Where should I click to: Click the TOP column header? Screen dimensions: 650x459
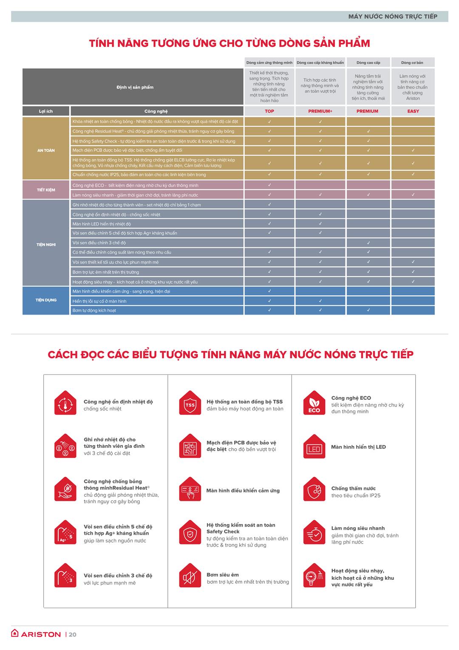pyautogui.click(x=269, y=111)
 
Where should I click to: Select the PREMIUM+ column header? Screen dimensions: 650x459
pyautogui.click(x=320, y=111)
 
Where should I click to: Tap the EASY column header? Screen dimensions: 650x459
pyautogui.click(x=413, y=111)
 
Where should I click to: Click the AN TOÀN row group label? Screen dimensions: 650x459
pyautogui.click(x=46, y=150)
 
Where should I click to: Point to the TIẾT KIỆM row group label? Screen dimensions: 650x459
pyautogui.click(x=46, y=190)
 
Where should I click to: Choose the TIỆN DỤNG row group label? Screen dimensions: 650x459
pyautogui.click(x=46, y=300)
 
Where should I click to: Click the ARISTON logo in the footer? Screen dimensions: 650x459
pyautogui.click(x=36, y=634)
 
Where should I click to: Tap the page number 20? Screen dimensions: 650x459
pyautogui.click(x=73, y=635)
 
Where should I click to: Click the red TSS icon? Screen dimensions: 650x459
pyautogui.click(x=190, y=404)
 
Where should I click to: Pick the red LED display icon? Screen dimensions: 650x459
pyautogui.click(x=314, y=447)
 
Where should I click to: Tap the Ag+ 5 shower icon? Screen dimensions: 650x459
pyautogui.click(x=65, y=533)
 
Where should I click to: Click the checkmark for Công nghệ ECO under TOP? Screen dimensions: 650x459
pyautogui.click(x=269, y=185)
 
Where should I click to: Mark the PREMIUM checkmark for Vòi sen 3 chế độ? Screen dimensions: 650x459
pyautogui.click(x=368, y=243)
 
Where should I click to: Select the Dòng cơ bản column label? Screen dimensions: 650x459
pyautogui.click(x=412, y=63)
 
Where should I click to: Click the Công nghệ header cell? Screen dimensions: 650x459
pyautogui.click(x=156, y=111)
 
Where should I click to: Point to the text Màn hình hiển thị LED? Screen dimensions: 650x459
pyautogui.click(x=358, y=447)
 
